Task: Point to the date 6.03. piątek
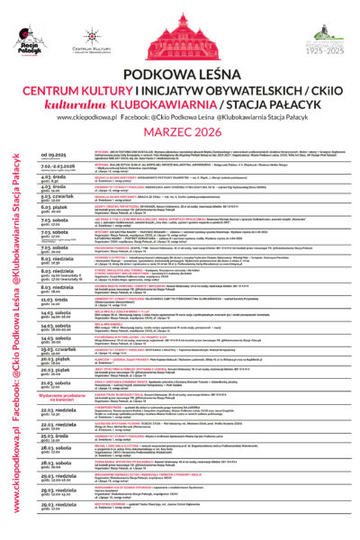coord(58,208)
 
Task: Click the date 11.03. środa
coord(58,299)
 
